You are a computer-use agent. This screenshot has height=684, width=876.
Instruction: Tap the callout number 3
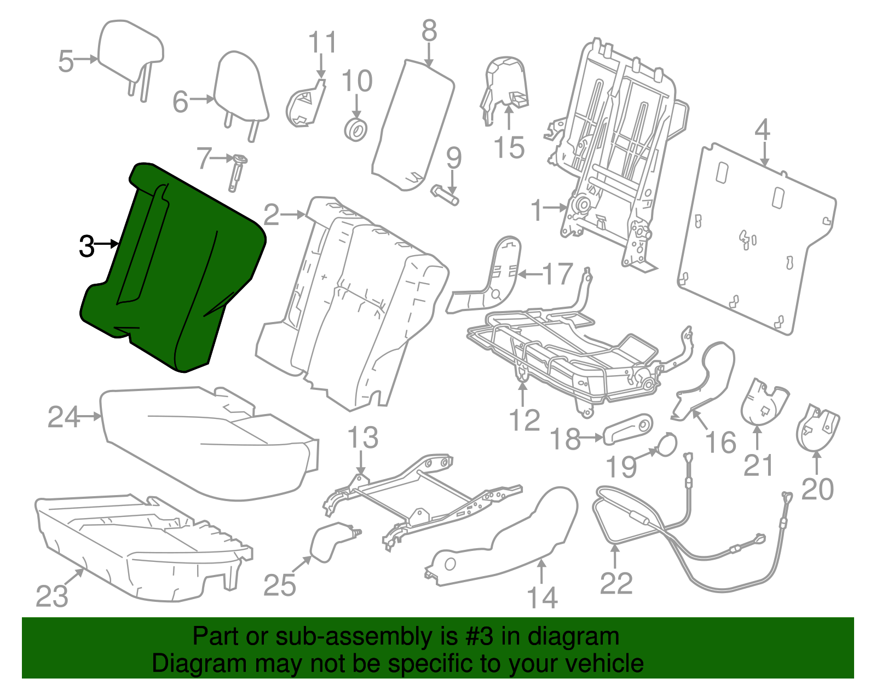pos(87,246)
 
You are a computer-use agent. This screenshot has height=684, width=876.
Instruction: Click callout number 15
pos(509,148)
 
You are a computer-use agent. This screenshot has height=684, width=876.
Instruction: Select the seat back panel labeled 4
pos(756,235)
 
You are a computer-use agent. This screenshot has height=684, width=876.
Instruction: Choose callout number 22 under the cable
pos(616,583)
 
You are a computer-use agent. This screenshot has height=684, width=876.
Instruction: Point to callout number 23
pos(52,596)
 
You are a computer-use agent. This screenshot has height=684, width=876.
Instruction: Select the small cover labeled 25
pos(330,542)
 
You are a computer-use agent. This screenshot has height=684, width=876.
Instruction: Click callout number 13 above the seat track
pos(362,438)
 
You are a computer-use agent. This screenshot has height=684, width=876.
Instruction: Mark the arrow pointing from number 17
pos(529,274)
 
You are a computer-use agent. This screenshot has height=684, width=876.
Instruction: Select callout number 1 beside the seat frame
pos(537,210)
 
